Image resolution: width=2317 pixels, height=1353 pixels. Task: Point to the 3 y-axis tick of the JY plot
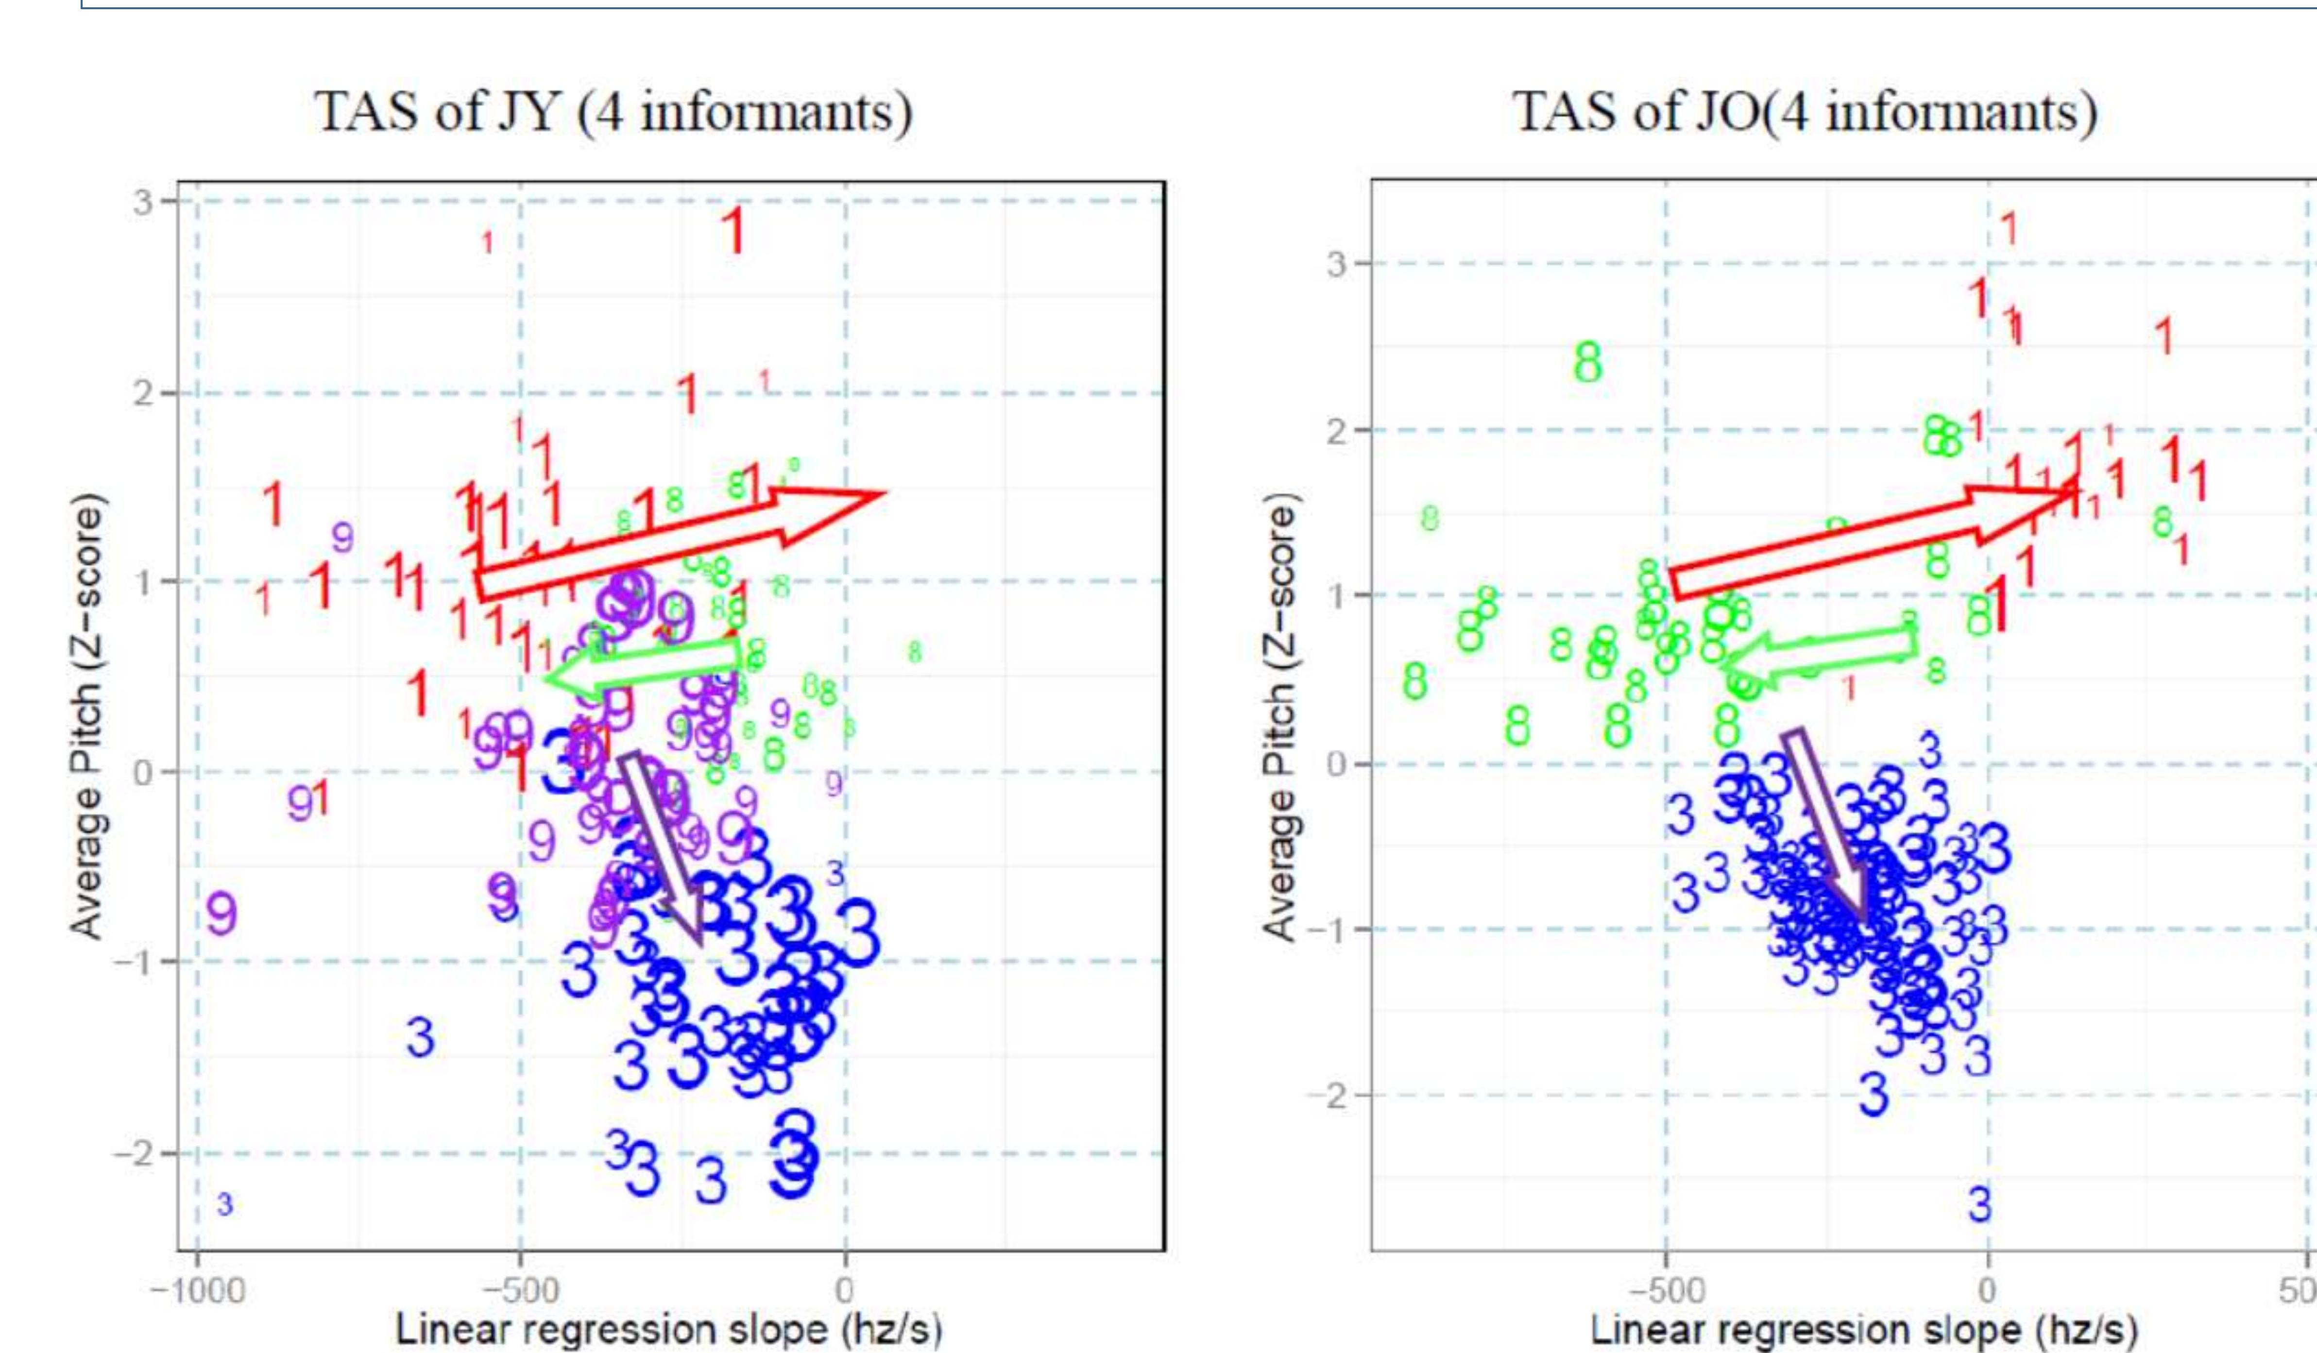pos(142,201)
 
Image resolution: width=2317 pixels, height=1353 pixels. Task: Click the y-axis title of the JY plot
pos(87,717)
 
